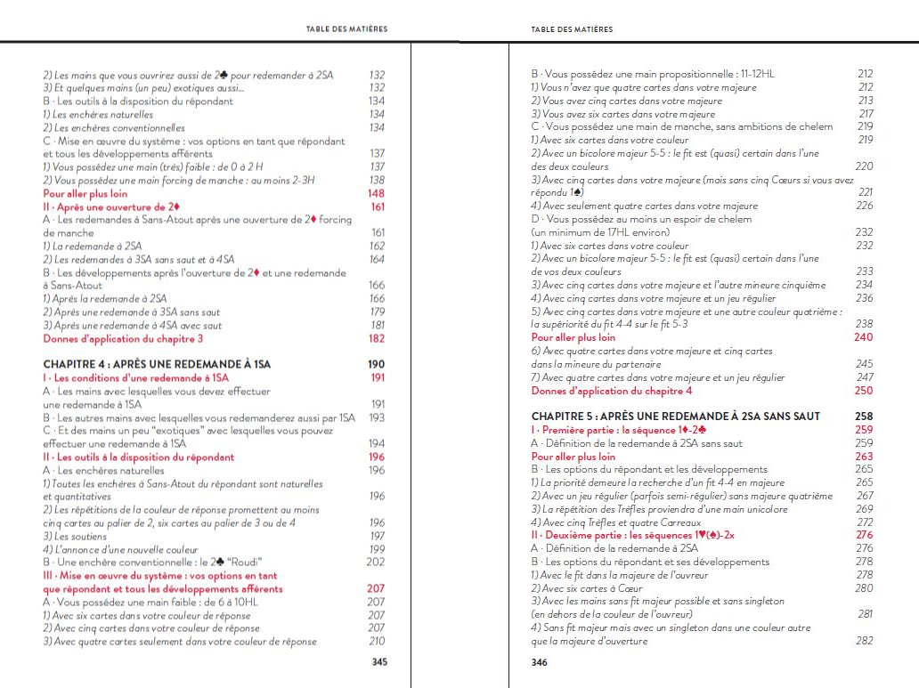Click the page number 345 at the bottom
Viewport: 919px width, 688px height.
point(378,662)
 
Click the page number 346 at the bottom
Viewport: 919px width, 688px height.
point(540,662)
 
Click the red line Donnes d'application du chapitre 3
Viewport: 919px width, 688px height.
point(123,338)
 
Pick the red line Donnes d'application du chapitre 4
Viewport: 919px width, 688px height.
point(612,391)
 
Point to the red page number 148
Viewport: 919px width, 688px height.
point(376,193)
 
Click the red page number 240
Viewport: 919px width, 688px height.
point(864,338)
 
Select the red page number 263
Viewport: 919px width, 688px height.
point(864,457)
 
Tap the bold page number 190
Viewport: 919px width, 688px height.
point(376,364)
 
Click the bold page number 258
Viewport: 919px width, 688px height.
point(864,417)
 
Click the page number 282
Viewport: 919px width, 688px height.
point(864,641)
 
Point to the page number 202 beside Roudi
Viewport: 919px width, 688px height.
point(376,562)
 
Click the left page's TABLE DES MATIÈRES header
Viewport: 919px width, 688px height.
point(346,29)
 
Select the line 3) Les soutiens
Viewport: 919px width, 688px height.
point(75,536)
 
